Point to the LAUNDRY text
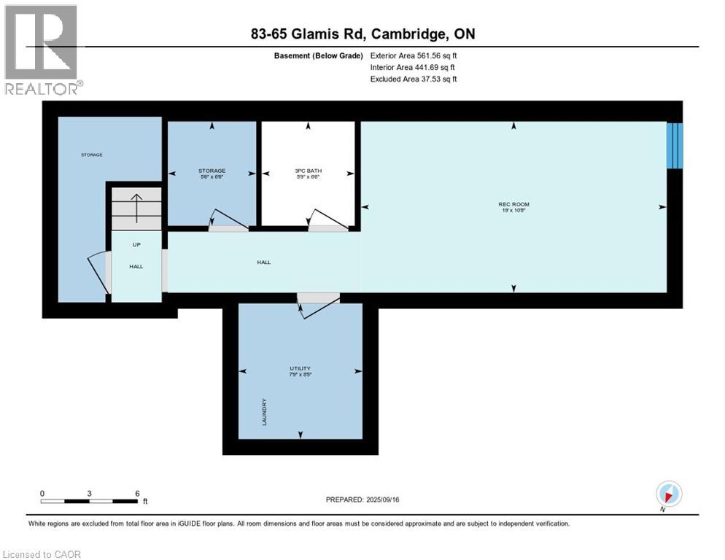(264, 413)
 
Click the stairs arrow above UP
(136, 209)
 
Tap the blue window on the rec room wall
(675, 145)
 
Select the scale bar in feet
(89, 501)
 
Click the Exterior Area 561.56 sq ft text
(414, 55)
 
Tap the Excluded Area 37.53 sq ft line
(414, 79)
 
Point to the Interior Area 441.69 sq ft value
(414, 67)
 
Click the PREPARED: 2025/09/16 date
(362, 499)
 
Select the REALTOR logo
(42, 50)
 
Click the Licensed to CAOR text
(42, 554)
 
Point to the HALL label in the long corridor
(263, 262)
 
